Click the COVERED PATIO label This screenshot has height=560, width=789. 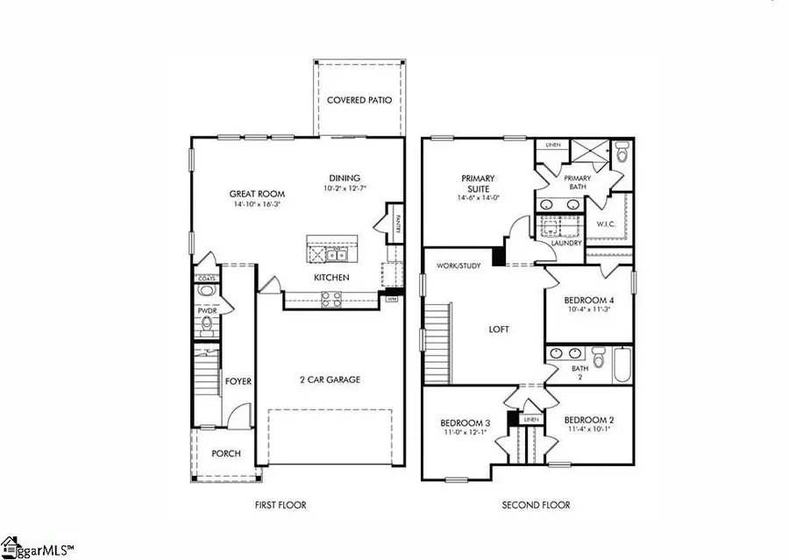(359, 100)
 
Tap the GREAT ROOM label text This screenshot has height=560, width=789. (254, 194)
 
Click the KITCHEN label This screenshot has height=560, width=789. (331, 278)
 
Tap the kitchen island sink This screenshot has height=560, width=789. (336, 255)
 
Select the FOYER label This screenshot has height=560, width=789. (239, 381)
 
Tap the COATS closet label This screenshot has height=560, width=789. (207, 279)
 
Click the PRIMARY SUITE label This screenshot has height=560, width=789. (479, 183)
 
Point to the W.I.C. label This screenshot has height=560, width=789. (607, 223)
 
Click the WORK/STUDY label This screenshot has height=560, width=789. (458, 266)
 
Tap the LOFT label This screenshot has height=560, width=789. (500, 330)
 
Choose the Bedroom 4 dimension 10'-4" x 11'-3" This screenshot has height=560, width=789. (588, 308)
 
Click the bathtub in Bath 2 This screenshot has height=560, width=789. (621, 365)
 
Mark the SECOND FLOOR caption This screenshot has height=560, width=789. (536, 505)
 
